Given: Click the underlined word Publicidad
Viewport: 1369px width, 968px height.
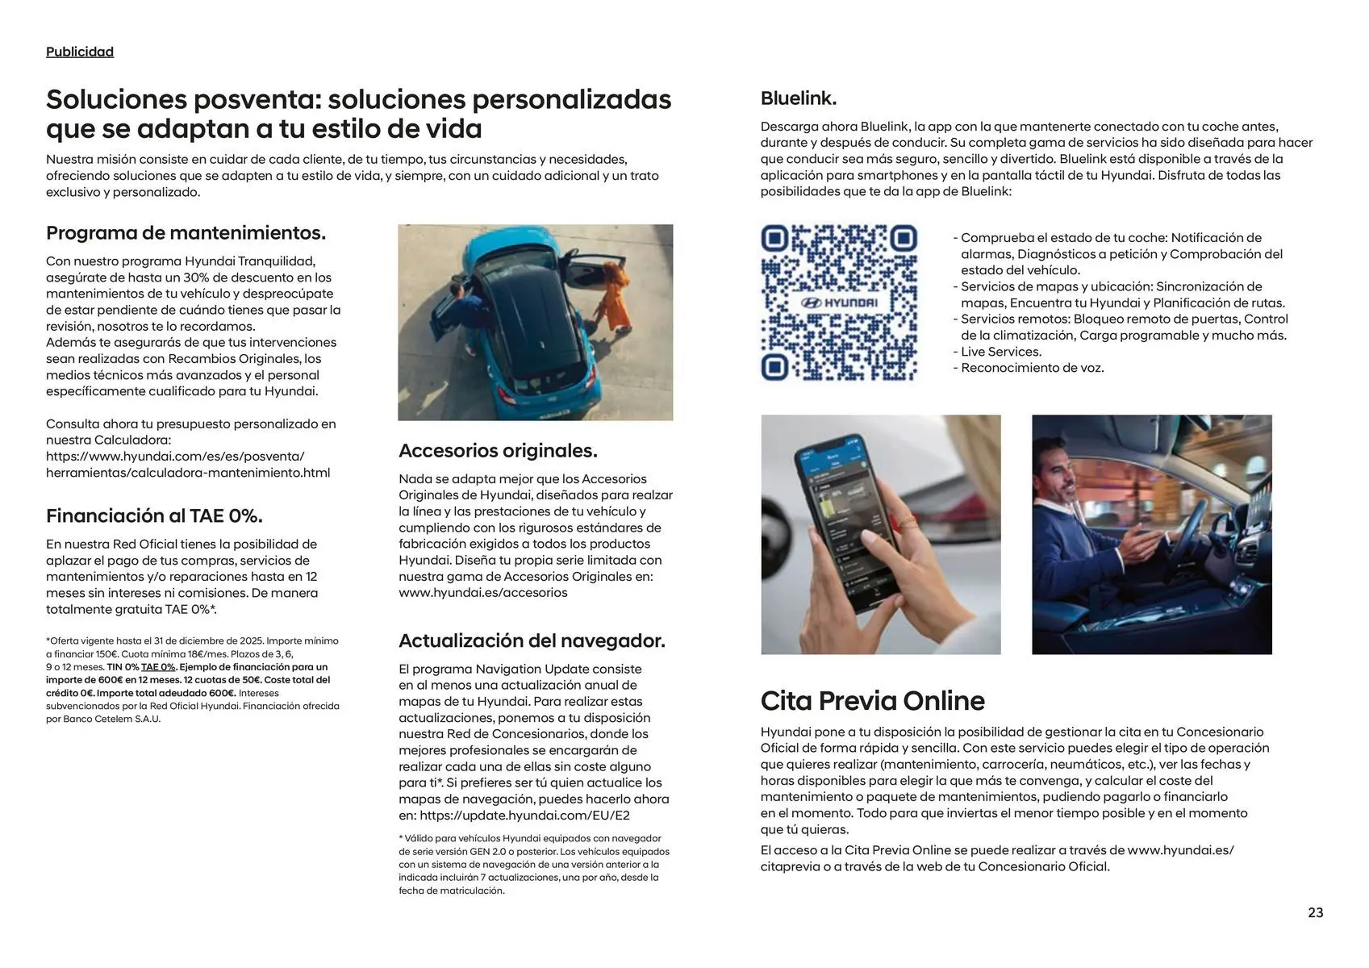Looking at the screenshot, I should (x=80, y=52).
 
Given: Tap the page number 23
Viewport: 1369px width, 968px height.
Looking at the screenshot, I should (x=1315, y=912).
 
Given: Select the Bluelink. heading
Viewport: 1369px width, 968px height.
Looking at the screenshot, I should (x=798, y=98).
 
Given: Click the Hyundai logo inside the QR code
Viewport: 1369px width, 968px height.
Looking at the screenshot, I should (x=839, y=302).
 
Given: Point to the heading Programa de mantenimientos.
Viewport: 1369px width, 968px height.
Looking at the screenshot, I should (x=186, y=233).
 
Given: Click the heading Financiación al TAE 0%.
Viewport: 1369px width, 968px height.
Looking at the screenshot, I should (x=154, y=515).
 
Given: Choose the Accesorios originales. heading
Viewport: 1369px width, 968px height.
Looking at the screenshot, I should (x=498, y=450).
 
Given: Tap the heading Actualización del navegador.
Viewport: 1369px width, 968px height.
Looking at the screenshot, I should (x=532, y=640).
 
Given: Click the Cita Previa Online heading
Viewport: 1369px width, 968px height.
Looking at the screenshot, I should (x=872, y=700).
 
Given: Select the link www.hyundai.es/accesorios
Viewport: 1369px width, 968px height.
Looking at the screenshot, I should (x=482, y=592).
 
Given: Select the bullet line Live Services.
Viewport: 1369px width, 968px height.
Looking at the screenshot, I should (x=1000, y=352).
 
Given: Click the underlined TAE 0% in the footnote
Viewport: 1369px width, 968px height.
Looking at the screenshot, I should (x=158, y=667).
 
